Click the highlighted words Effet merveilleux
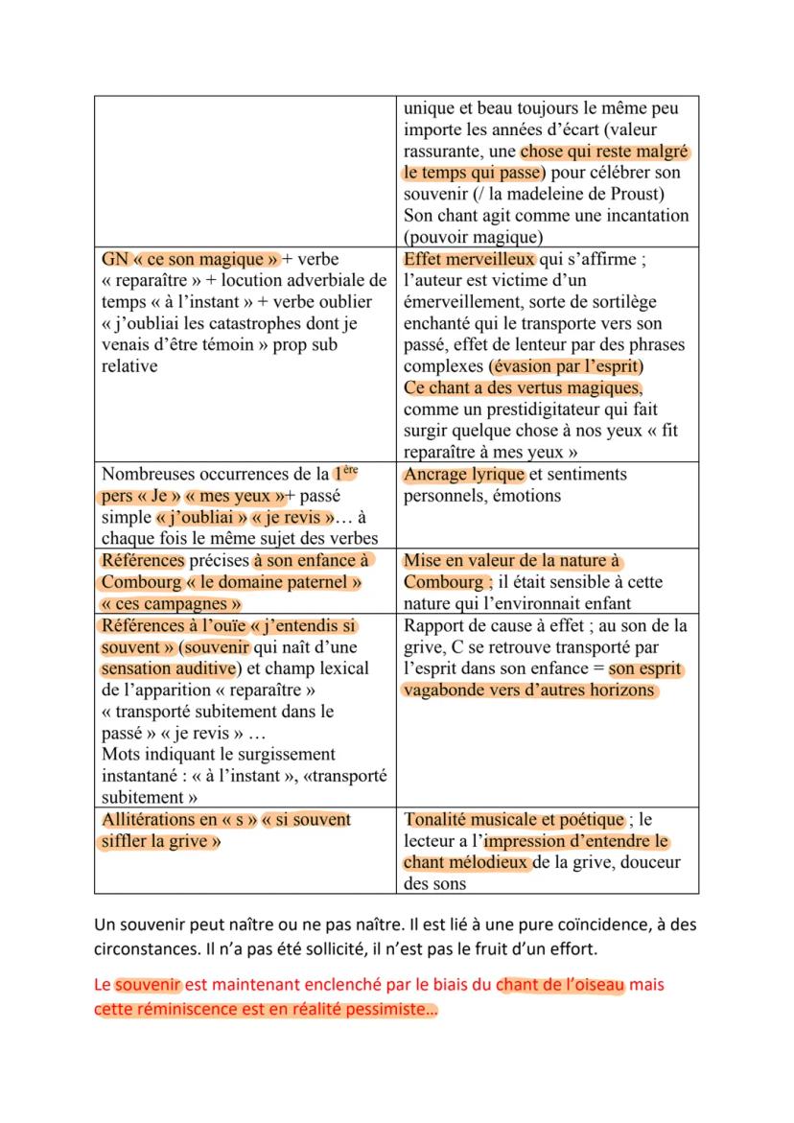tap(469, 259)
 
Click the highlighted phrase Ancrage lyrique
tap(464, 475)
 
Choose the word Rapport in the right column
tap(435, 626)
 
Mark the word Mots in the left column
tap(121, 755)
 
